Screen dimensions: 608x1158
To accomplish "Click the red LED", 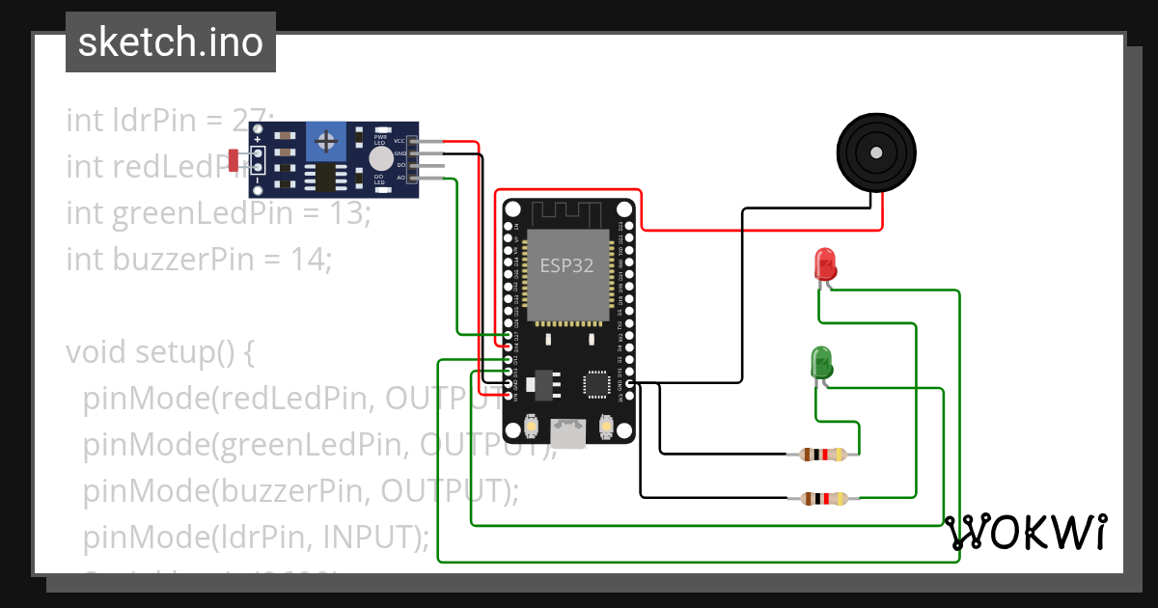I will coord(825,263).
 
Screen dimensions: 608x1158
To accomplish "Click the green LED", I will coord(821,363).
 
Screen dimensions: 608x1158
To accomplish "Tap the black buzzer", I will coord(875,152).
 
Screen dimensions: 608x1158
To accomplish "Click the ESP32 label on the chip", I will coord(566,265).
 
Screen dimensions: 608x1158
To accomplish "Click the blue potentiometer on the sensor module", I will coord(327,143).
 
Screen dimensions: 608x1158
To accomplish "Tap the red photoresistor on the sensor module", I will coord(234,160).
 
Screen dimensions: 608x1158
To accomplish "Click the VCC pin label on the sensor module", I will coord(400,141).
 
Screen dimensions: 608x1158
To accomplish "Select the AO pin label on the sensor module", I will coord(400,178).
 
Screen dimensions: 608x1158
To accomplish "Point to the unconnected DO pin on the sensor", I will coord(430,166).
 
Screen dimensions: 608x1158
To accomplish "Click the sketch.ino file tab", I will coord(171,42).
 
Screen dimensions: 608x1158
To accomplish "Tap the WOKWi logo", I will coord(1025,532).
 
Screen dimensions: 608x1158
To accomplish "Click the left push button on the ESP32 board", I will coord(531,426).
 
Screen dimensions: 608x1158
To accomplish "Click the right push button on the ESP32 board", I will coord(607,426).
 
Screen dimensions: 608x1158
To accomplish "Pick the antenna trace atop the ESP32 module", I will coord(567,212).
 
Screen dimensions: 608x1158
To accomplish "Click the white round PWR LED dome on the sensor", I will coord(381,158).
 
